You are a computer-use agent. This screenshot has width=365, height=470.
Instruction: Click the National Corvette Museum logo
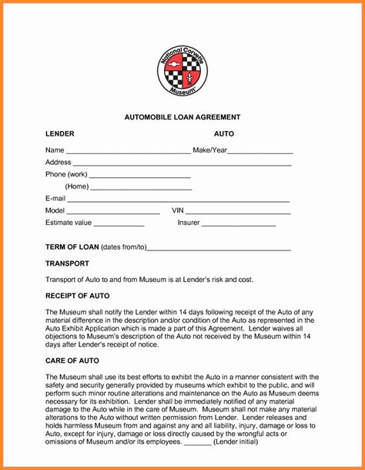click(x=182, y=70)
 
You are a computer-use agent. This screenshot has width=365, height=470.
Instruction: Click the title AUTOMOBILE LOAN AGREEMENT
click(x=182, y=117)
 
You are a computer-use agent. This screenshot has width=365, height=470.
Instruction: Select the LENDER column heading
click(x=60, y=134)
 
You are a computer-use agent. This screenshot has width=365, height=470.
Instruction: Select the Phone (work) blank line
click(x=139, y=176)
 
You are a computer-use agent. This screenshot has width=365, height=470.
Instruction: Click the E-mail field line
click(x=179, y=200)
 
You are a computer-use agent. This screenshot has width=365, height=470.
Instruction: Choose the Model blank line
click(x=113, y=212)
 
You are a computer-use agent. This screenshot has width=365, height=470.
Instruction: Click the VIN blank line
click(x=239, y=212)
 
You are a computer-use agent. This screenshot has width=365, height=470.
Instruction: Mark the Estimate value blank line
click(x=119, y=224)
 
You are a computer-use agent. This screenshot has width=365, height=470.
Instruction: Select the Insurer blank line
click(x=239, y=224)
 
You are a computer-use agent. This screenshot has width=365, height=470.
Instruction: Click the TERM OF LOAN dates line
click(x=219, y=249)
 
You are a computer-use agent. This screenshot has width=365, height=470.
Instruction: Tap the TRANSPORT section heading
click(x=67, y=264)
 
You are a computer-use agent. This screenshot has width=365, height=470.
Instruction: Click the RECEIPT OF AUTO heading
click(x=77, y=296)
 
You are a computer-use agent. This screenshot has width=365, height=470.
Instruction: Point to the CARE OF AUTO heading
click(x=72, y=361)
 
